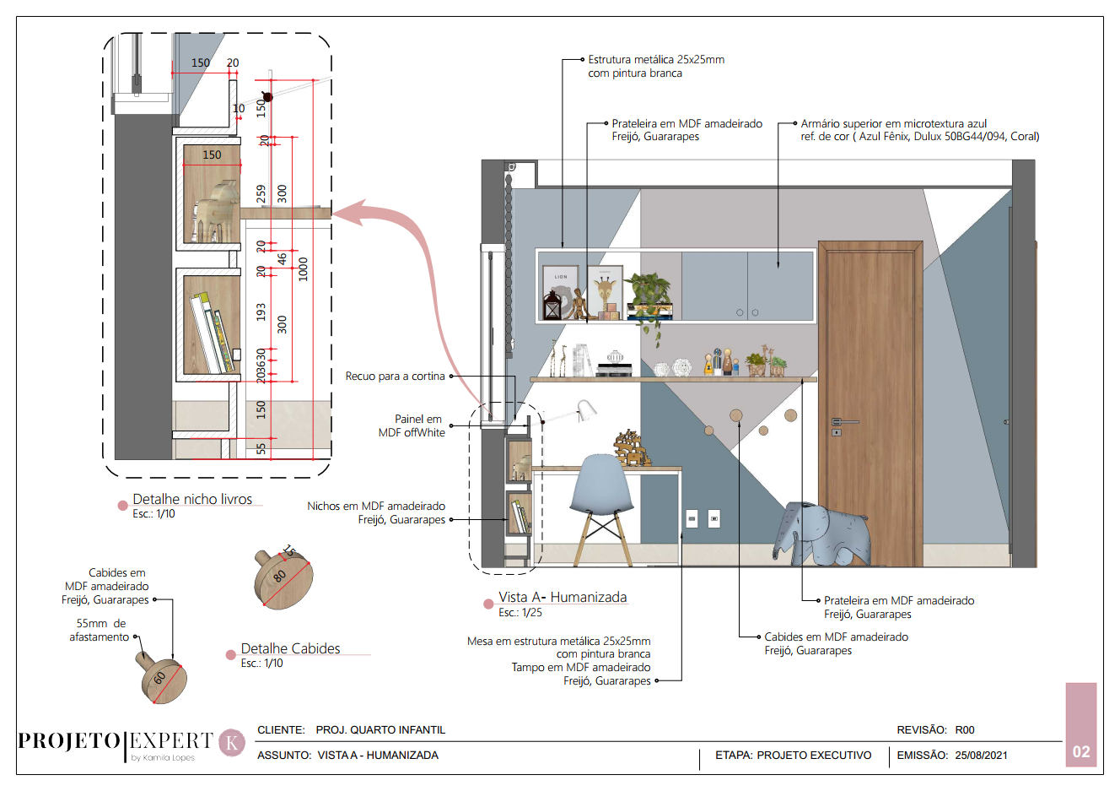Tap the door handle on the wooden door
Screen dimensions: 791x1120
point(843,421)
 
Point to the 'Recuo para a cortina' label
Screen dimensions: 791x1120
point(395,377)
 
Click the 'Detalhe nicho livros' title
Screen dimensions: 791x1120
point(192,499)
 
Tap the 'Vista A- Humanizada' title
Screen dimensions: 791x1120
point(563,597)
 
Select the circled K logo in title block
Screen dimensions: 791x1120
point(232,743)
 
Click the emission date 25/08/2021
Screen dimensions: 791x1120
point(981,756)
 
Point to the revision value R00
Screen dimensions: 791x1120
point(965,730)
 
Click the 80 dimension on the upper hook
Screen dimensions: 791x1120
point(280,576)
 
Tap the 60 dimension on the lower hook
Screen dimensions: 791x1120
point(159,678)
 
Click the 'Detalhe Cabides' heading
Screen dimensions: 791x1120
point(290,648)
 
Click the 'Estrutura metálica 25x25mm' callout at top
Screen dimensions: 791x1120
point(655,60)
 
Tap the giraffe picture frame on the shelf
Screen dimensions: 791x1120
point(604,291)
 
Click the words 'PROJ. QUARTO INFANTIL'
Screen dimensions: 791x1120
point(380,730)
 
